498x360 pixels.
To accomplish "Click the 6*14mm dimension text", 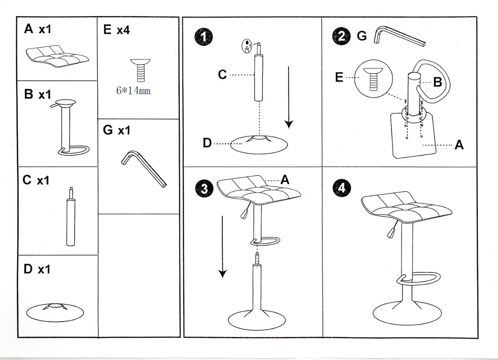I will click(133, 91).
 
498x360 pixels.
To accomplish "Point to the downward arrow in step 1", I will click(288, 97).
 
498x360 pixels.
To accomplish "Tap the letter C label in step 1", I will click(222, 74).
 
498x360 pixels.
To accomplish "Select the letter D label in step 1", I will click(207, 143).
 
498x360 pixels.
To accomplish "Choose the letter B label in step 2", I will click(437, 82).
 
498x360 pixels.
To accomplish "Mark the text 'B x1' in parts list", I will click(37, 95).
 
